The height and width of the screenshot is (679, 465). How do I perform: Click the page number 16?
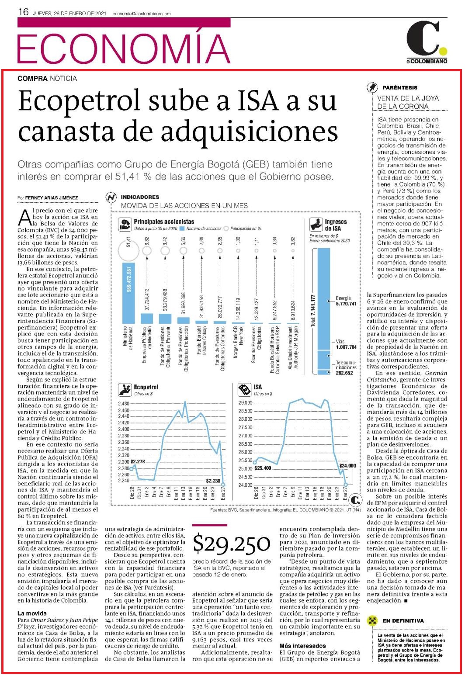pyautogui.click(x=23, y=12)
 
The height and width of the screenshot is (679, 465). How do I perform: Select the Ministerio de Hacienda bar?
pyautogui.click(x=128, y=293)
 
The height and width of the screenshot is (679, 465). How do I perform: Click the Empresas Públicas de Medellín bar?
pyautogui.click(x=147, y=318)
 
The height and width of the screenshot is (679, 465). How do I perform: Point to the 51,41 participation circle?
pyautogui.click(x=128, y=251)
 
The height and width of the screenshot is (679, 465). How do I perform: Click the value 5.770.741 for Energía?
pyautogui.click(x=346, y=304)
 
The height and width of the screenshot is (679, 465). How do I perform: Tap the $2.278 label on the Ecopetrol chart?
pyautogui.click(x=138, y=462)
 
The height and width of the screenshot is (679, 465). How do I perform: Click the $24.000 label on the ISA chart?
pyautogui.click(x=347, y=466)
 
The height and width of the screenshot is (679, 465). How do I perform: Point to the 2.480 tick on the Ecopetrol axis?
pyautogui.click(x=124, y=403)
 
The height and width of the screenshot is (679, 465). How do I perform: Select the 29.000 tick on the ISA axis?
pyautogui.click(x=245, y=402)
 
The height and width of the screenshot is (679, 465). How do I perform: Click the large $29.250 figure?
pyautogui.click(x=231, y=544)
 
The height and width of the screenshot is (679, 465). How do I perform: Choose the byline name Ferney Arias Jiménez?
pyautogui.click(x=52, y=197)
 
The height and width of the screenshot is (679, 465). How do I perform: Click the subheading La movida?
pyautogui.click(x=32, y=613)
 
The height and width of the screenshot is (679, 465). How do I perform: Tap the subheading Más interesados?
pyautogui.click(x=302, y=646)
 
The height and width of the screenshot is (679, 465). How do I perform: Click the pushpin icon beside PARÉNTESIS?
pyautogui.click(x=372, y=87)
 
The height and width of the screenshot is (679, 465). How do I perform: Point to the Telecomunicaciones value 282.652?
pyautogui.click(x=344, y=373)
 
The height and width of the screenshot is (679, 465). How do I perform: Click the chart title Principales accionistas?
pyautogui.click(x=164, y=222)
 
